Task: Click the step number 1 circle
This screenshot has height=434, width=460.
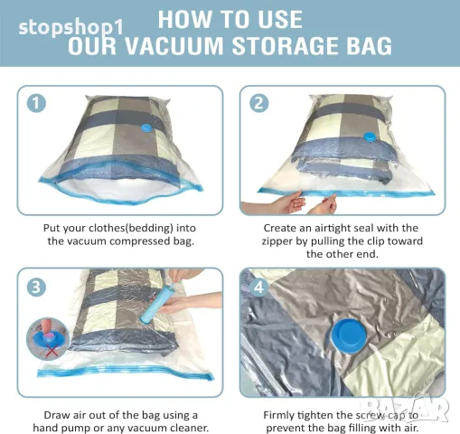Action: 36,103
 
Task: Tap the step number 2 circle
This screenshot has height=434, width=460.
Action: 259,103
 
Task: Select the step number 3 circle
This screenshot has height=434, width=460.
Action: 36,287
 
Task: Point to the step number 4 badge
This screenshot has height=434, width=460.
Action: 258,288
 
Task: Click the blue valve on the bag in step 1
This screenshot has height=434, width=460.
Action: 147,128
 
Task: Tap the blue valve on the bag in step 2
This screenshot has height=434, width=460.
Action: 370,137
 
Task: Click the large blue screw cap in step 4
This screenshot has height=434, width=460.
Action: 349,335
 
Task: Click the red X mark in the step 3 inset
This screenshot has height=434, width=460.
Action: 52,351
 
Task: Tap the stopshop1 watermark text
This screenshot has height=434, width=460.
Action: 71,27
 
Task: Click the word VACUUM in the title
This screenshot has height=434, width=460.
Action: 174,46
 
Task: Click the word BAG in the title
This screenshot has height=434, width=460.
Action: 370,46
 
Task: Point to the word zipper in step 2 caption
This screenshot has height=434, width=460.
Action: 277,241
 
